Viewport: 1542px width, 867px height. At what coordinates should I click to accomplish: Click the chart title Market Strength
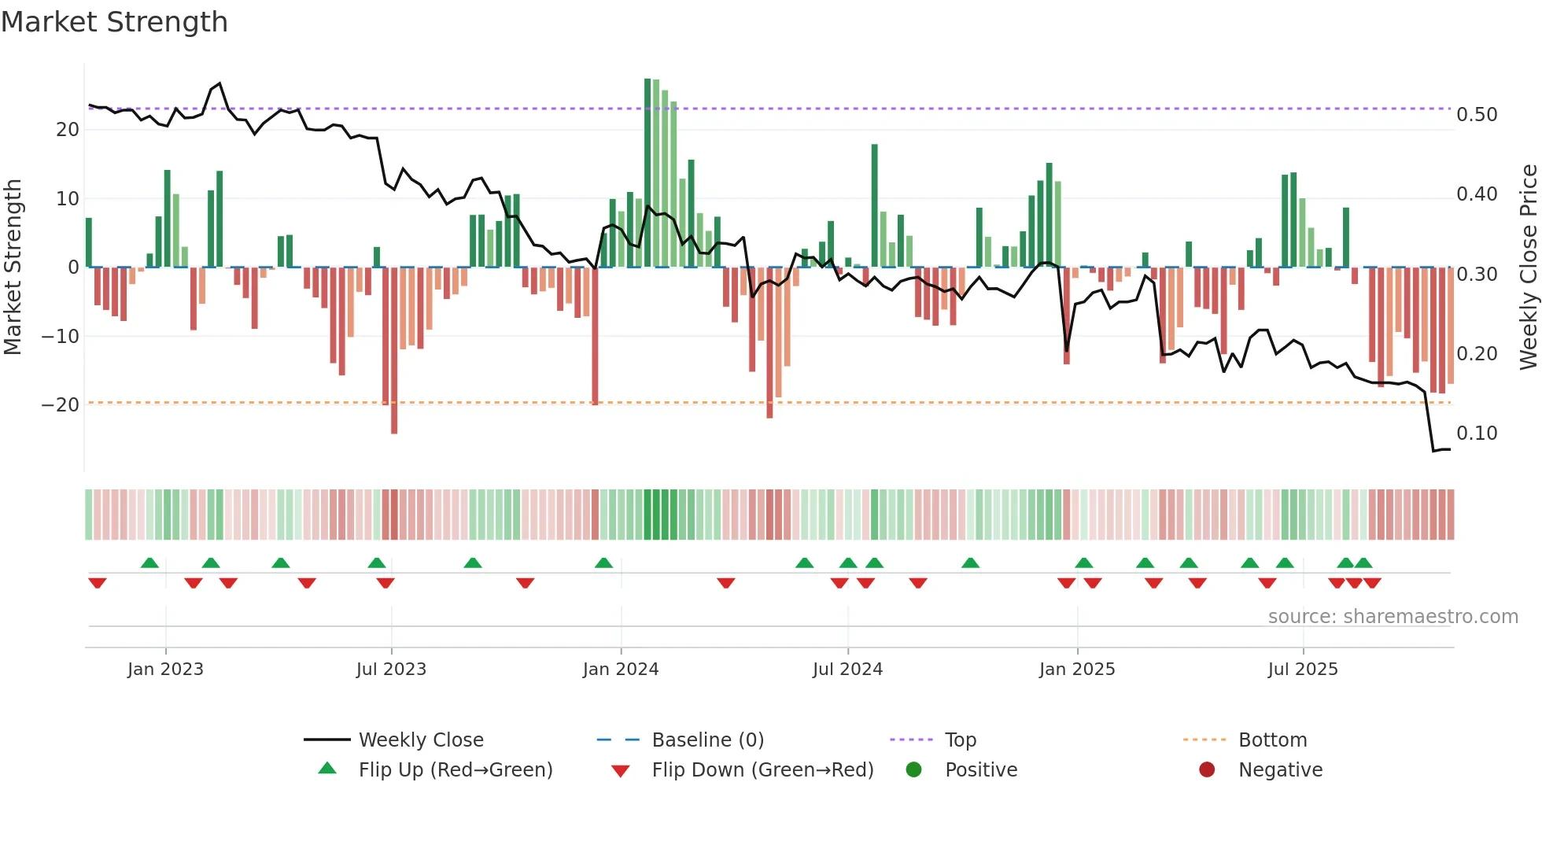114,22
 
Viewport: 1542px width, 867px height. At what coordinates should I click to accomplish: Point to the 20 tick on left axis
68,130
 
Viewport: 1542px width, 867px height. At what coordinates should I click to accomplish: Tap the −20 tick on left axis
61,405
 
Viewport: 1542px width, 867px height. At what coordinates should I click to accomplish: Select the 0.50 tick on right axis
1477,115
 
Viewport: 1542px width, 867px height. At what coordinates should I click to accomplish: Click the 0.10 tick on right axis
1477,434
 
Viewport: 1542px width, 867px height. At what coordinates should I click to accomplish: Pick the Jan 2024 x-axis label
621,670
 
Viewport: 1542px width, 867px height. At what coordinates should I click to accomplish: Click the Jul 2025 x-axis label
1303,670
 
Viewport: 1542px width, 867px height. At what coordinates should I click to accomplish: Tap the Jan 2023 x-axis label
165,670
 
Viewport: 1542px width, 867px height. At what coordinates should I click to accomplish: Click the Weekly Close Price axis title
1529,267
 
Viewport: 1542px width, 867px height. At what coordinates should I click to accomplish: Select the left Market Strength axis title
13,267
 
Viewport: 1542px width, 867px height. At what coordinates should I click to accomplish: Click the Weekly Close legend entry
421,740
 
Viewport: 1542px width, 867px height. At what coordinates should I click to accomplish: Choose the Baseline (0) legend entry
707,740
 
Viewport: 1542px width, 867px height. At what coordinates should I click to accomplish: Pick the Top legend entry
960,740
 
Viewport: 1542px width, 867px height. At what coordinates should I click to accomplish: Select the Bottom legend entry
1272,740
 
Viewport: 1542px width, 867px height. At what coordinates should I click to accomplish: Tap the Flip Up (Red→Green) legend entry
455,770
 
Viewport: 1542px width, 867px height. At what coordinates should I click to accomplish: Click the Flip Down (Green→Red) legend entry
762,770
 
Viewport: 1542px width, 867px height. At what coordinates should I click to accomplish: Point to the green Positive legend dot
913,769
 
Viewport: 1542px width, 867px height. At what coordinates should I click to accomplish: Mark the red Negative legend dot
1207,769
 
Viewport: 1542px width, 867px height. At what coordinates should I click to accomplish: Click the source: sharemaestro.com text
1393,617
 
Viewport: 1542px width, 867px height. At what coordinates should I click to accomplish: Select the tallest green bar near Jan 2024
647,173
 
